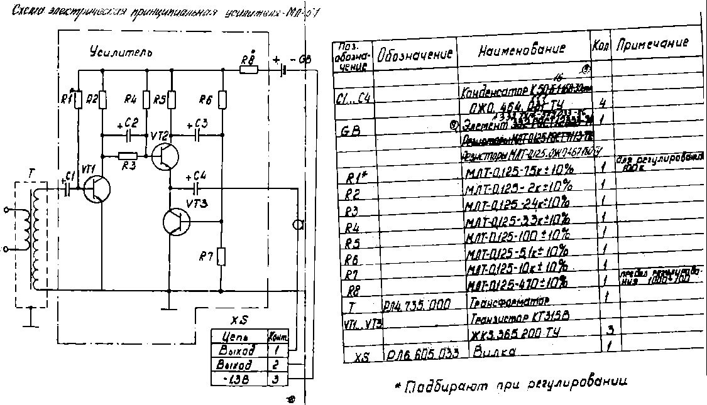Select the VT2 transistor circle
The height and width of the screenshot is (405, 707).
165,155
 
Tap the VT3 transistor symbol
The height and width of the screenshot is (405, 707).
175,222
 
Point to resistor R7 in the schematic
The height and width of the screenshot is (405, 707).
222,257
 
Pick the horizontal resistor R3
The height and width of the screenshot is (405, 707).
128,155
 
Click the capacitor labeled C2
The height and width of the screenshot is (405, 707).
129,133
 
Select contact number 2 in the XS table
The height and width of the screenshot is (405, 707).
277,365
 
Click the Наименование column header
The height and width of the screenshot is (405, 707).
521,51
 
